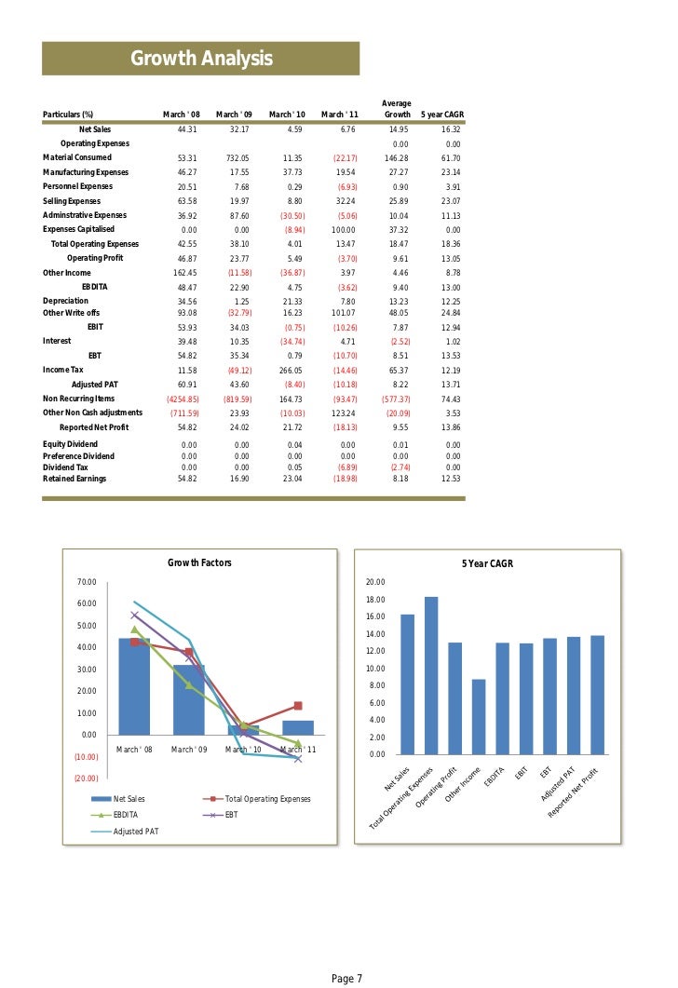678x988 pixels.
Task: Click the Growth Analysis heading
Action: [201, 60]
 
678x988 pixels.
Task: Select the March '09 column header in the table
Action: [234, 115]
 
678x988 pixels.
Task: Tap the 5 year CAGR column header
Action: [442, 115]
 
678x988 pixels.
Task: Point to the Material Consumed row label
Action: [77, 157]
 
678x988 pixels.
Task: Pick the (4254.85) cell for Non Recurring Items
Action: [183, 399]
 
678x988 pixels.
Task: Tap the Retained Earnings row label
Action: [75, 479]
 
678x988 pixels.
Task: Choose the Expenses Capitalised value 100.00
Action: [345, 229]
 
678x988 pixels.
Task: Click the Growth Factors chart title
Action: [199, 562]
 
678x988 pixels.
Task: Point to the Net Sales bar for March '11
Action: [298, 727]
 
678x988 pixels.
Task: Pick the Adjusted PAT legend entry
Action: [136, 830]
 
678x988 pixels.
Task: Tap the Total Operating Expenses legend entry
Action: [268, 799]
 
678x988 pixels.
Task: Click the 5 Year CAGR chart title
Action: [487, 563]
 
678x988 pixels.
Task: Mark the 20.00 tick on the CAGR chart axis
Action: [375, 582]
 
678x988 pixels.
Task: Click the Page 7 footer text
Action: [346, 978]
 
